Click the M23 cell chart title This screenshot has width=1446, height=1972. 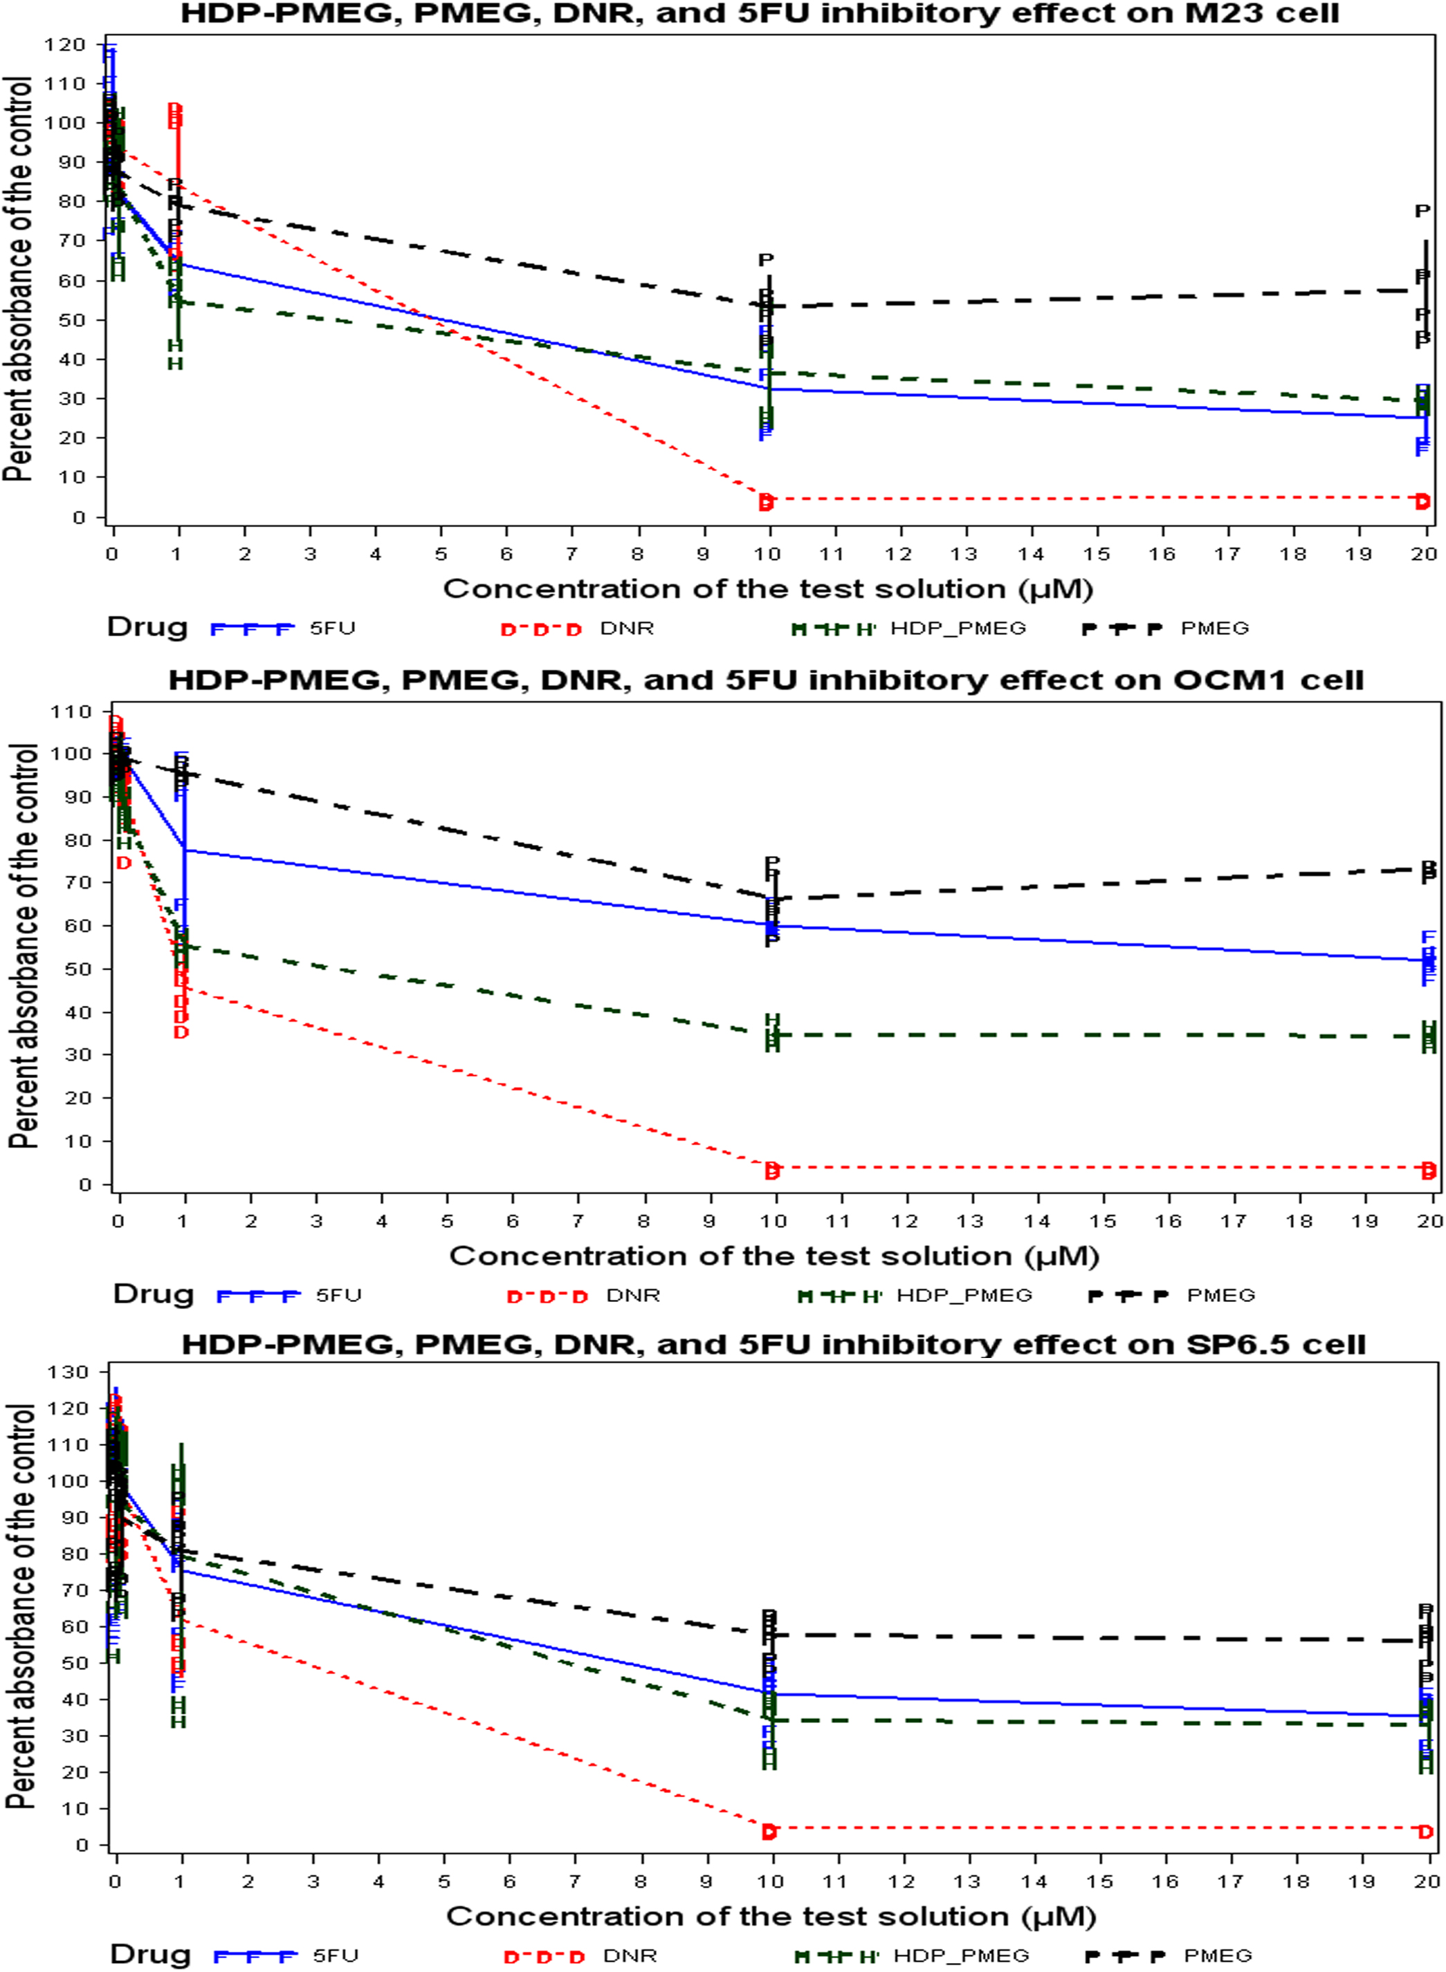(x=759, y=14)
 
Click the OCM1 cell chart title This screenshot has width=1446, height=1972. (x=765, y=680)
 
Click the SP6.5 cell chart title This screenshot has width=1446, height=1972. (x=773, y=1345)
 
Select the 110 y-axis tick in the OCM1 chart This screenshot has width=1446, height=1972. (x=72, y=712)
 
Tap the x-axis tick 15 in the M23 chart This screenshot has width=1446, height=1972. (x=1097, y=554)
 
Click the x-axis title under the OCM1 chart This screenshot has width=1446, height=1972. (x=774, y=1256)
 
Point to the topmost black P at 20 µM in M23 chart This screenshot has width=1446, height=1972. (x=1422, y=211)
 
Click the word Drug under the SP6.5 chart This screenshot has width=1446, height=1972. (x=149, y=1955)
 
